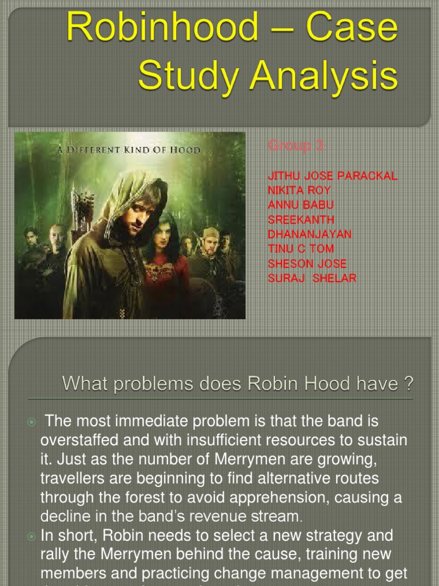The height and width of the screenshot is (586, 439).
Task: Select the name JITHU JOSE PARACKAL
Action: tap(332, 176)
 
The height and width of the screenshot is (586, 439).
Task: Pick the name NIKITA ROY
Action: tap(299, 190)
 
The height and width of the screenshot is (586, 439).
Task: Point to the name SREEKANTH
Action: tap(301, 220)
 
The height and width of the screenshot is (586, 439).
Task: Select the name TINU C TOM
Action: tap(301, 249)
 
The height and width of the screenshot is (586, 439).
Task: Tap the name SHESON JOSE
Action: tap(307, 264)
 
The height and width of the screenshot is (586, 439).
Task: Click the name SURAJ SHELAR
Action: tap(312, 279)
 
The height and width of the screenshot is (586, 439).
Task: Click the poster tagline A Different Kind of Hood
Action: tap(129, 150)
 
